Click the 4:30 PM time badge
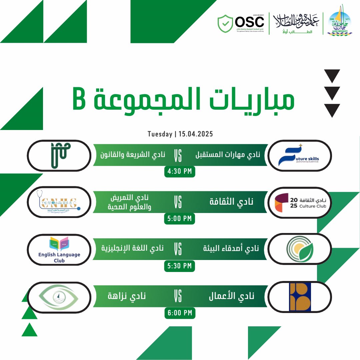[180, 172]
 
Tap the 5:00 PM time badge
[180, 219]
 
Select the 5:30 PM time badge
[180, 266]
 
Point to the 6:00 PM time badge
[180, 313]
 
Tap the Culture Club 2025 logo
[300, 202]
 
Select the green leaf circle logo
[300, 249]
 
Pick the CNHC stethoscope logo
[59, 202]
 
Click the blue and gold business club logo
[300, 296]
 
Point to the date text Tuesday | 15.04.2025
[180, 134]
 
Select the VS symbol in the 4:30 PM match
[178, 155]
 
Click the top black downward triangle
[332, 76]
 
